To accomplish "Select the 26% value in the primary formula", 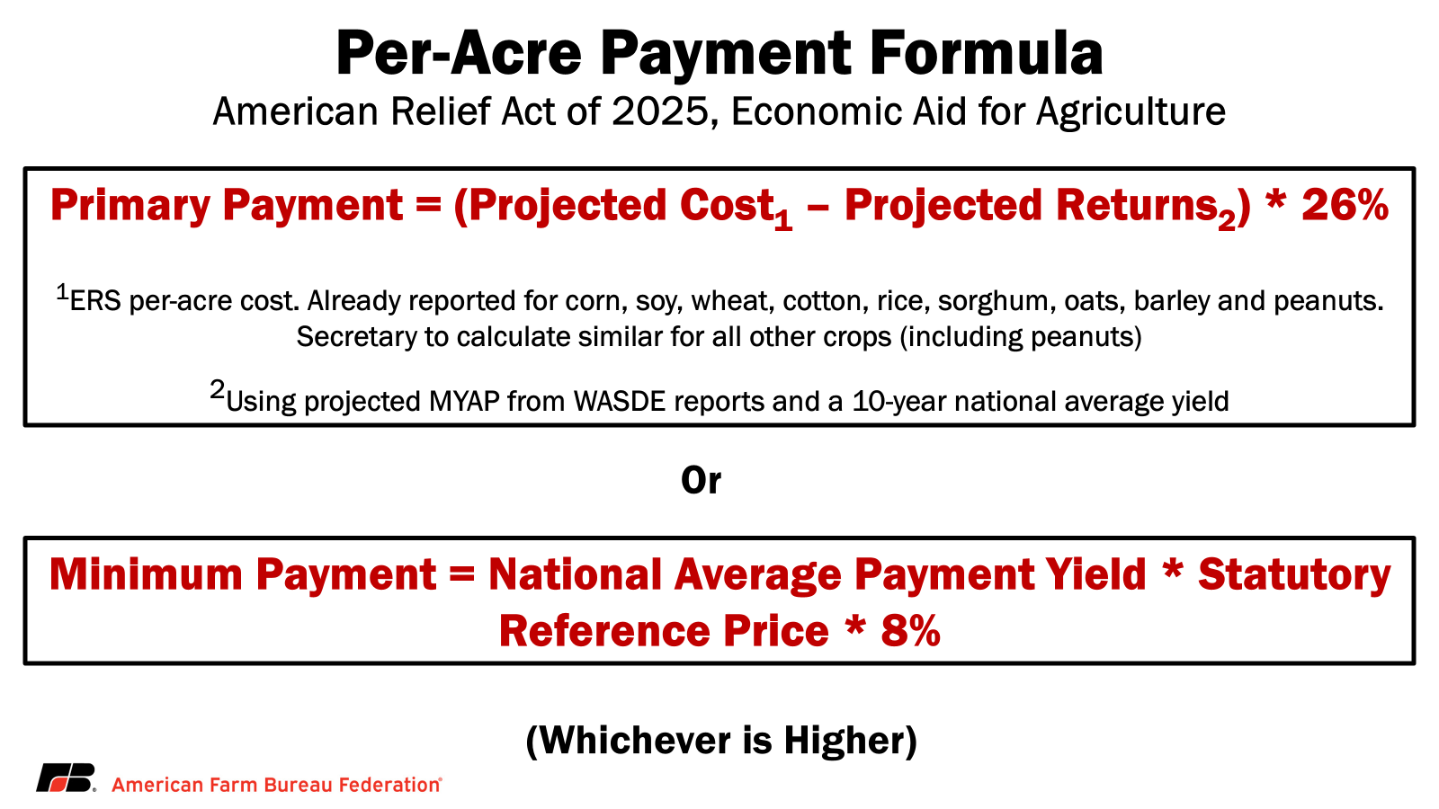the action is [x=1345, y=206].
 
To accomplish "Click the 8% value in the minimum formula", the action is [x=911, y=630].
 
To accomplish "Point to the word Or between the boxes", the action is [x=701, y=480].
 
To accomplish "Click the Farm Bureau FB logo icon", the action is [x=66, y=778].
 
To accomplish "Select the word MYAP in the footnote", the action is [x=464, y=402].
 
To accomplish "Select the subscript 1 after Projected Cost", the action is [x=783, y=220].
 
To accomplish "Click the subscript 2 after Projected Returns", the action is [x=1227, y=220].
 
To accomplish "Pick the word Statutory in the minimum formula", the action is [x=1294, y=575].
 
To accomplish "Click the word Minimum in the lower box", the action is [x=146, y=574].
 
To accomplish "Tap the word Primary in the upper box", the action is [x=130, y=207].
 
